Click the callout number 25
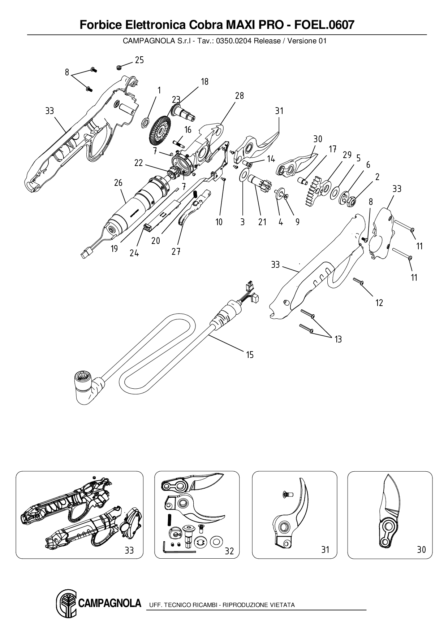139,60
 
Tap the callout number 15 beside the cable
250,355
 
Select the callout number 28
239,96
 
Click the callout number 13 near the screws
338,339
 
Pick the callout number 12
379,303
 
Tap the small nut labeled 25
119,67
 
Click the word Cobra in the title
205,25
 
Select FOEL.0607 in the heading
325,25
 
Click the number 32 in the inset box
229,551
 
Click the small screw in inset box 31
286,493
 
